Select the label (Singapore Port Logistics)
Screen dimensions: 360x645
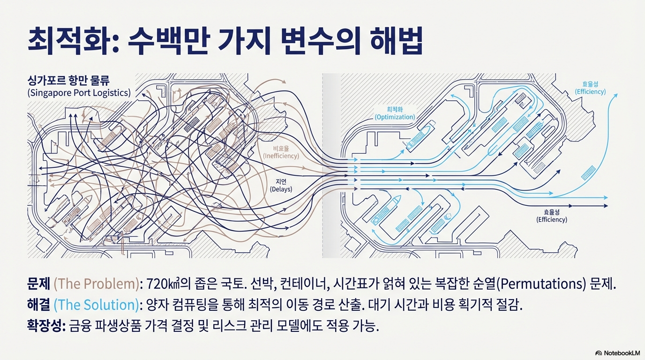coord(79,92)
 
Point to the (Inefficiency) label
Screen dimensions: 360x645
coord(281,156)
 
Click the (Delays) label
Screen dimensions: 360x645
coord(281,189)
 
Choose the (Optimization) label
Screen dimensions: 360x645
coord(395,117)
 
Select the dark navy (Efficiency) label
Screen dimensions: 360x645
coord(552,219)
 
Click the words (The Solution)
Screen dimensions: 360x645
coord(97,305)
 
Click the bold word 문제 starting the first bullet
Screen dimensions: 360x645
coord(39,284)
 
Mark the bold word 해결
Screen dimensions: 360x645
coord(39,305)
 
